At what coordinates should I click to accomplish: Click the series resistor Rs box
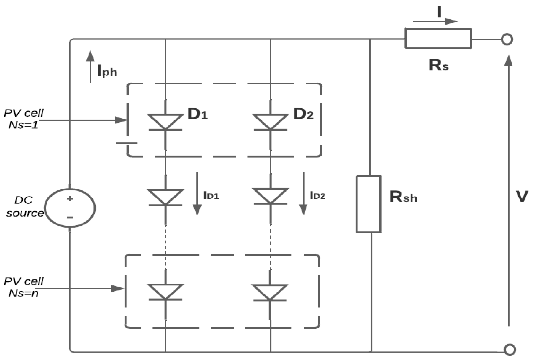(x=438, y=39)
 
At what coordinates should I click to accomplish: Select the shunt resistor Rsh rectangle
(x=368, y=204)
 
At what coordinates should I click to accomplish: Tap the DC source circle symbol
(x=70, y=208)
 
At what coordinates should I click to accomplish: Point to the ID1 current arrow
(x=197, y=193)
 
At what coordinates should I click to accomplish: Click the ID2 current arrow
(x=303, y=193)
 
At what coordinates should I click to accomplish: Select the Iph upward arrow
(x=91, y=67)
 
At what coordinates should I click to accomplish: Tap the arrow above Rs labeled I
(x=435, y=22)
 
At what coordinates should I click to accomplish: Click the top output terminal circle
(x=507, y=40)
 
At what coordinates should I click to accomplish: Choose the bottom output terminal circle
(x=510, y=349)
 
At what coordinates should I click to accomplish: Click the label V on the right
(x=521, y=197)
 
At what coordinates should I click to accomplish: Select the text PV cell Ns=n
(x=24, y=287)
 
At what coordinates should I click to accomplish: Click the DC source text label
(x=24, y=206)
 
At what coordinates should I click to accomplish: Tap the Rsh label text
(x=403, y=197)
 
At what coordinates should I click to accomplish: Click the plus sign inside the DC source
(x=70, y=198)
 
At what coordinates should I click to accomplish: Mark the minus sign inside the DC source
(x=70, y=217)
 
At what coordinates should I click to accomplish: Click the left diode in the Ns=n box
(x=165, y=292)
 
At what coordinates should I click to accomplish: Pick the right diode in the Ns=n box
(x=270, y=292)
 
